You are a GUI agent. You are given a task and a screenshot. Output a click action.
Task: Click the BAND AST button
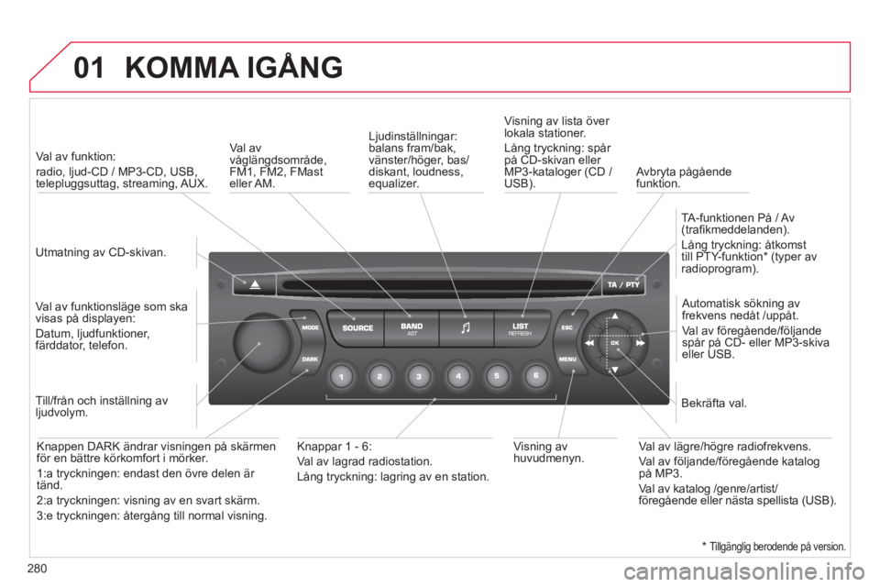(x=412, y=328)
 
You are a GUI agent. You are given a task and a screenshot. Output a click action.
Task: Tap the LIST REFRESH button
(x=521, y=328)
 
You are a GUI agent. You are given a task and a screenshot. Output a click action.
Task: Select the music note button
(x=466, y=328)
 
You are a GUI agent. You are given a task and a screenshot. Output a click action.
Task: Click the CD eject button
(x=255, y=285)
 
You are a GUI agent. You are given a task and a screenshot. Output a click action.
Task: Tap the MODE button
(x=308, y=327)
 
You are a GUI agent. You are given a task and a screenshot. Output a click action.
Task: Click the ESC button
(x=568, y=327)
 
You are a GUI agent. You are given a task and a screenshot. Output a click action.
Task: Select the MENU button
(x=568, y=359)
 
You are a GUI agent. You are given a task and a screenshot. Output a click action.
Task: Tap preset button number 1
(x=341, y=376)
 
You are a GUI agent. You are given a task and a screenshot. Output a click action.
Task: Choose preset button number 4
(x=458, y=376)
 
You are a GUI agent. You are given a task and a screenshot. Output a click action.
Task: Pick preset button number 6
(x=536, y=376)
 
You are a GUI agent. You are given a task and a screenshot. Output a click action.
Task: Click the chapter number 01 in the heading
(x=89, y=68)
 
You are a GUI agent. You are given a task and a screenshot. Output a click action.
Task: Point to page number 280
(x=37, y=569)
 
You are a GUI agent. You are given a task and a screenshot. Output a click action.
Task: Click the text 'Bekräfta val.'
(x=714, y=404)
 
